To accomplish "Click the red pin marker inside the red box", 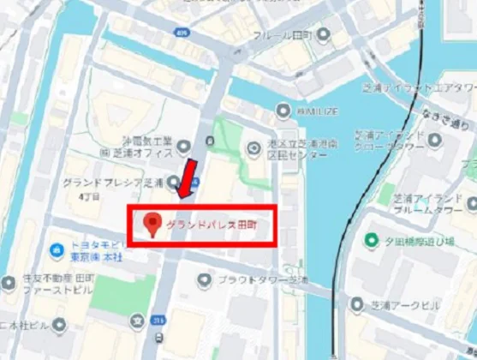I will (153, 225).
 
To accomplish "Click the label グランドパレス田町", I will (212, 225).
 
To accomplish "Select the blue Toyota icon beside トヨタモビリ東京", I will (56, 250).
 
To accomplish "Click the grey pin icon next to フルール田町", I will (323, 35).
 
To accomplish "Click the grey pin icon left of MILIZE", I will (283, 110).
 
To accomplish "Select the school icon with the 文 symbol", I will (135, 321).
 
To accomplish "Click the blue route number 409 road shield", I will (180, 31).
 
